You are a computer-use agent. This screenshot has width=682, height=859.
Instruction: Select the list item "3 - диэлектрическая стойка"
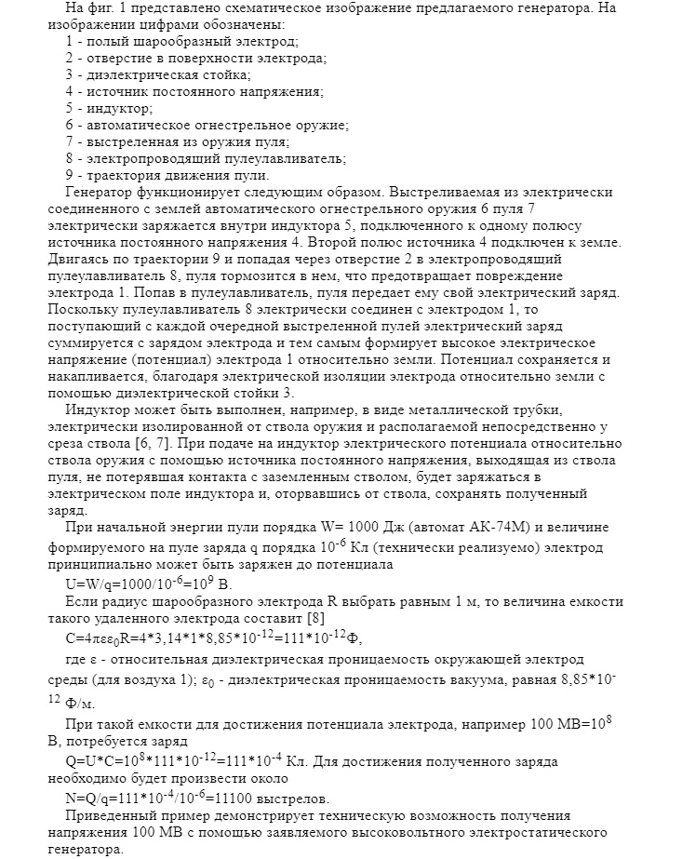[x=158, y=74]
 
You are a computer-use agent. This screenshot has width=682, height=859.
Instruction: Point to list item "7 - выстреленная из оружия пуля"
[x=178, y=141]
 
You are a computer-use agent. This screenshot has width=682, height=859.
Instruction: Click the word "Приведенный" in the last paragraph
[x=108, y=814]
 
